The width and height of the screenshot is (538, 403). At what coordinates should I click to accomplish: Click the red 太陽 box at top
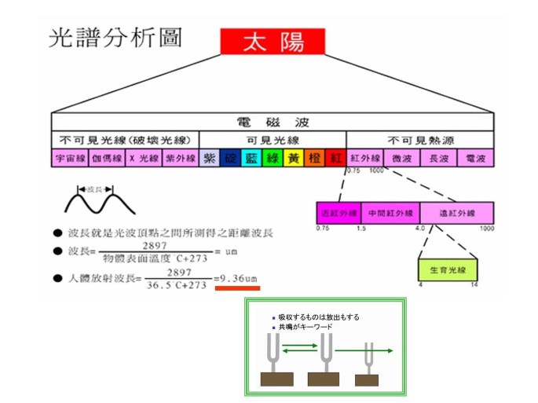tap(273, 41)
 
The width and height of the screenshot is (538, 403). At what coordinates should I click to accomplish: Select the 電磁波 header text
tap(272, 123)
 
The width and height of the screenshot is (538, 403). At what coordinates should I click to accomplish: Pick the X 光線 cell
tap(143, 158)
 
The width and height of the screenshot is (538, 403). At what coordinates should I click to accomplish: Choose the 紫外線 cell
tap(181, 158)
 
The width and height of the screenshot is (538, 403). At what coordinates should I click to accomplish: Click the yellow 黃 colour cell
tap(293, 158)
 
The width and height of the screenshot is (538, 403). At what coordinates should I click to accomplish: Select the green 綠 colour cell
tap(273, 158)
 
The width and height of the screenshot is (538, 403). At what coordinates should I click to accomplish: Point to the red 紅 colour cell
tap(335, 158)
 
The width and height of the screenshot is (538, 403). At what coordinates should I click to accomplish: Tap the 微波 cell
tap(401, 158)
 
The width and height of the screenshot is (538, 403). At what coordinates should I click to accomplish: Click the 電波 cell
tap(475, 158)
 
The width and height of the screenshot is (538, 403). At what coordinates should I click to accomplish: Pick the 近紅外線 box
tap(337, 213)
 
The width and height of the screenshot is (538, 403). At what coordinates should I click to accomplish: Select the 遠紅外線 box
tap(456, 213)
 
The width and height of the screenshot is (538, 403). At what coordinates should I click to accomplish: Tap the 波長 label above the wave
tap(94, 189)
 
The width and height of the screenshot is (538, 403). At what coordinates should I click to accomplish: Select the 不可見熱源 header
tap(420, 140)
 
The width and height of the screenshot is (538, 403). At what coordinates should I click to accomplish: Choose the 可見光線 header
tap(272, 140)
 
